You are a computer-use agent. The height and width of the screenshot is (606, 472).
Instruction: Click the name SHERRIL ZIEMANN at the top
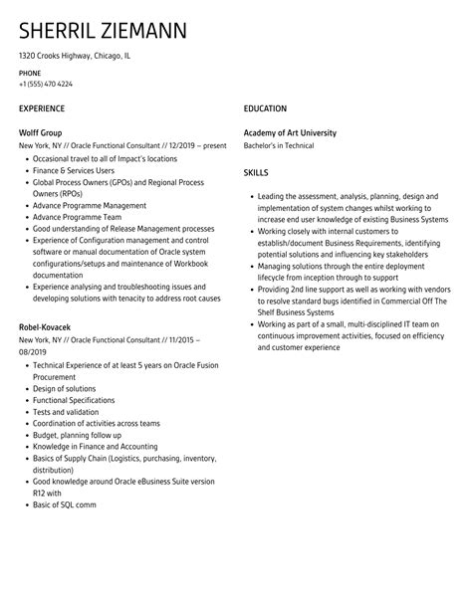pos(102,29)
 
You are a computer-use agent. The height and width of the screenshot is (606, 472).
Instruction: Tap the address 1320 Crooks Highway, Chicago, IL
pos(75,56)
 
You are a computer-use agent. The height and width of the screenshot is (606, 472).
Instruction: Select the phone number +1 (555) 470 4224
pos(46,84)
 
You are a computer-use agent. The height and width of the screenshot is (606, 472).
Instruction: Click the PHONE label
pos(31,73)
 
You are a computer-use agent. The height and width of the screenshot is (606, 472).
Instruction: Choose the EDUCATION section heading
pos(265,107)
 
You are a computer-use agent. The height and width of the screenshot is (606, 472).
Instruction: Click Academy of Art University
pos(290,132)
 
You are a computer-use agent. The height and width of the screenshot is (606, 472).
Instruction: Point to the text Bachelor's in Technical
pos(279,145)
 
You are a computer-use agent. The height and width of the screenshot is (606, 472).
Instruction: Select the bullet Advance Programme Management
pos(89,205)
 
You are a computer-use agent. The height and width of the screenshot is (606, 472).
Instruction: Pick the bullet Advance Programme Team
pos(78,217)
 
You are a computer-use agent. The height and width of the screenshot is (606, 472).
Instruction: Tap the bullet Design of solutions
pos(65,388)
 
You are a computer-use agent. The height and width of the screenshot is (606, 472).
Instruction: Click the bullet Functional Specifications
pos(77,400)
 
